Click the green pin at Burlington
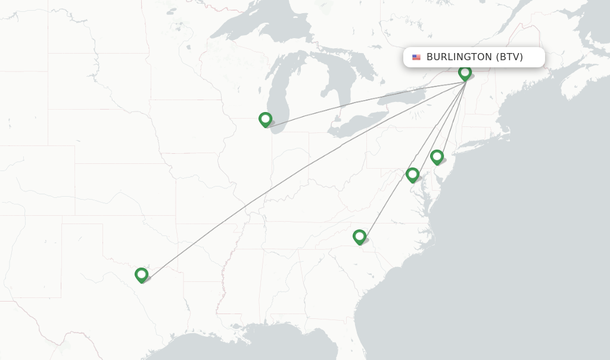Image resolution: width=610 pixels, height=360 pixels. (x=465, y=72)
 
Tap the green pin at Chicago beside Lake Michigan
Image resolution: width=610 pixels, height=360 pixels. (x=265, y=119)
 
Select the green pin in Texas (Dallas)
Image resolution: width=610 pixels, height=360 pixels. (x=141, y=274)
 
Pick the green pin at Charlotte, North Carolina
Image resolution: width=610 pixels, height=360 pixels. (x=359, y=236)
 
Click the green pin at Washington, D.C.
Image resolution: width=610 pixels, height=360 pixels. (x=412, y=174)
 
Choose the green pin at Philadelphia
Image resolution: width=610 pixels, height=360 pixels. (x=437, y=157)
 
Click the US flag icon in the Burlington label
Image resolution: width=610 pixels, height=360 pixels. (x=416, y=57)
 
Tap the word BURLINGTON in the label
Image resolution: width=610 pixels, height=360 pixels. (x=459, y=57)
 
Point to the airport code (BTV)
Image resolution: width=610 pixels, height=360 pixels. (x=509, y=57)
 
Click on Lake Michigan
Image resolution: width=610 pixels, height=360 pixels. (x=280, y=89)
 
